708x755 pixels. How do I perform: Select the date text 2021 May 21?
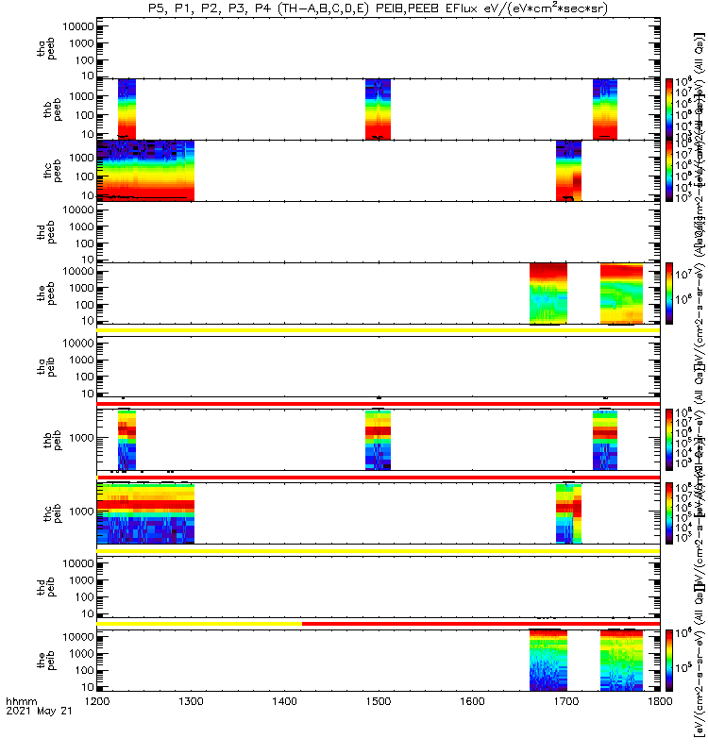38,738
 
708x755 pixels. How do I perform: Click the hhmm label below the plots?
20,729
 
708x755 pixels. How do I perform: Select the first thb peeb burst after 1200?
126,109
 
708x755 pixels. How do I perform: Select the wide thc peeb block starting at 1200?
145,171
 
